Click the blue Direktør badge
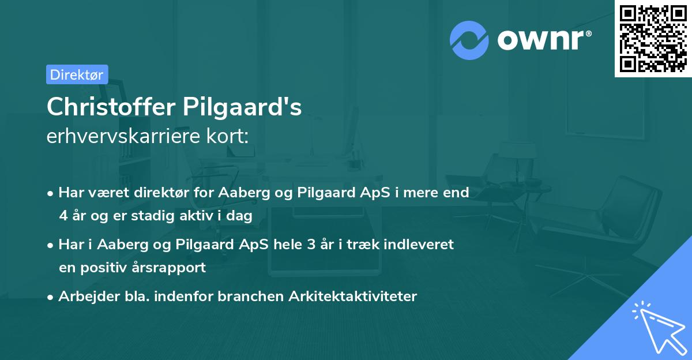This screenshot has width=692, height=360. click(77, 74)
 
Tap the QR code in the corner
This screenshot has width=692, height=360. click(653, 38)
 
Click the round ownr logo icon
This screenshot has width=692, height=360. click(469, 40)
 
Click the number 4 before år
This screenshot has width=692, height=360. click(63, 216)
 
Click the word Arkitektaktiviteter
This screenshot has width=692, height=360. click(360, 297)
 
